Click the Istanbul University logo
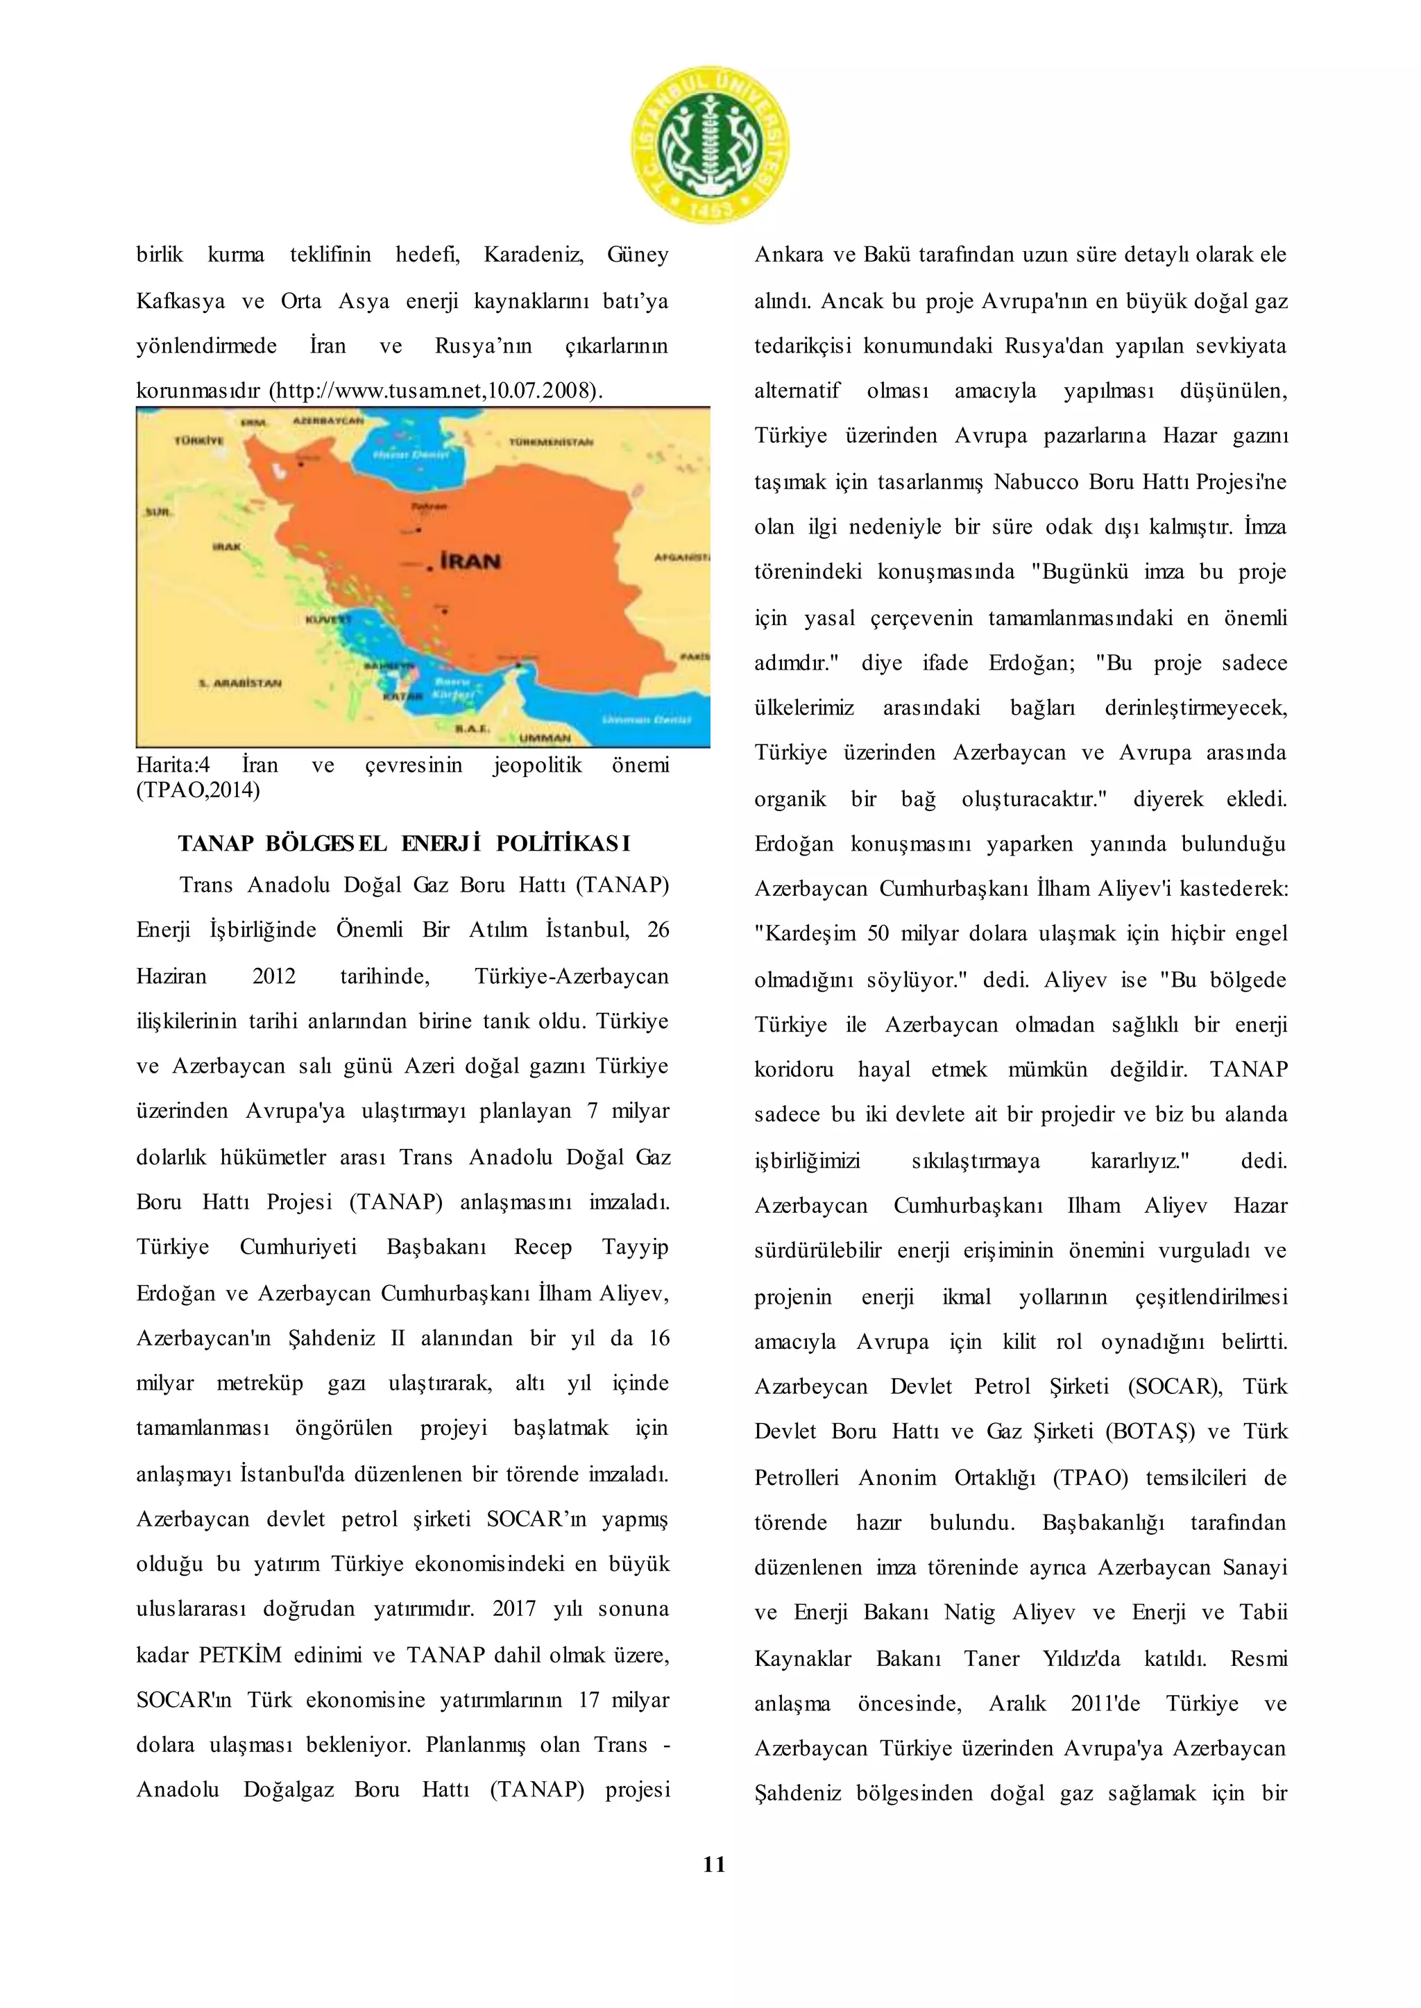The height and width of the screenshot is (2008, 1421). click(710, 144)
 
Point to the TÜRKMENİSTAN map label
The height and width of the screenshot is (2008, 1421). click(551, 443)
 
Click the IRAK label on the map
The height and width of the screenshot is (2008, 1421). click(227, 547)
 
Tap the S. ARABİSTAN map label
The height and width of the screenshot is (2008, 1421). click(240, 683)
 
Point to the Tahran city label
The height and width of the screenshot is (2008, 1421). click(429, 507)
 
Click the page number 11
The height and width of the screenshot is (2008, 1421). click(714, 1864)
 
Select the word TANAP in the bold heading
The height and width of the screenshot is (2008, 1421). click(215, 844)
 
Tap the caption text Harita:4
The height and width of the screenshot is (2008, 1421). click(172, 765)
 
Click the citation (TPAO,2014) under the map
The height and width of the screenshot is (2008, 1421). click(198, 790)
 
